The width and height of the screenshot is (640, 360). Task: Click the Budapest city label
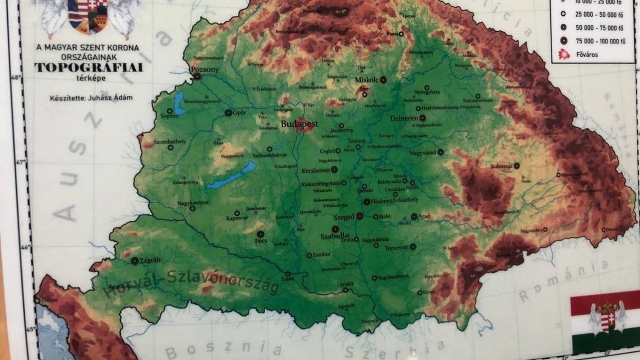point(299,124)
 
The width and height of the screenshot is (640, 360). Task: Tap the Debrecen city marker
point(423,118)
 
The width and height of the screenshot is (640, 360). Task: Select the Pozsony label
point(204,70)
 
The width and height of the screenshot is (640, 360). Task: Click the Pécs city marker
point(260,234)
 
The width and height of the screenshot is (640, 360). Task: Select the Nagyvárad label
point(422,153)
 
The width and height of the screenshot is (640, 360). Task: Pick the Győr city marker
point(228,113)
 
